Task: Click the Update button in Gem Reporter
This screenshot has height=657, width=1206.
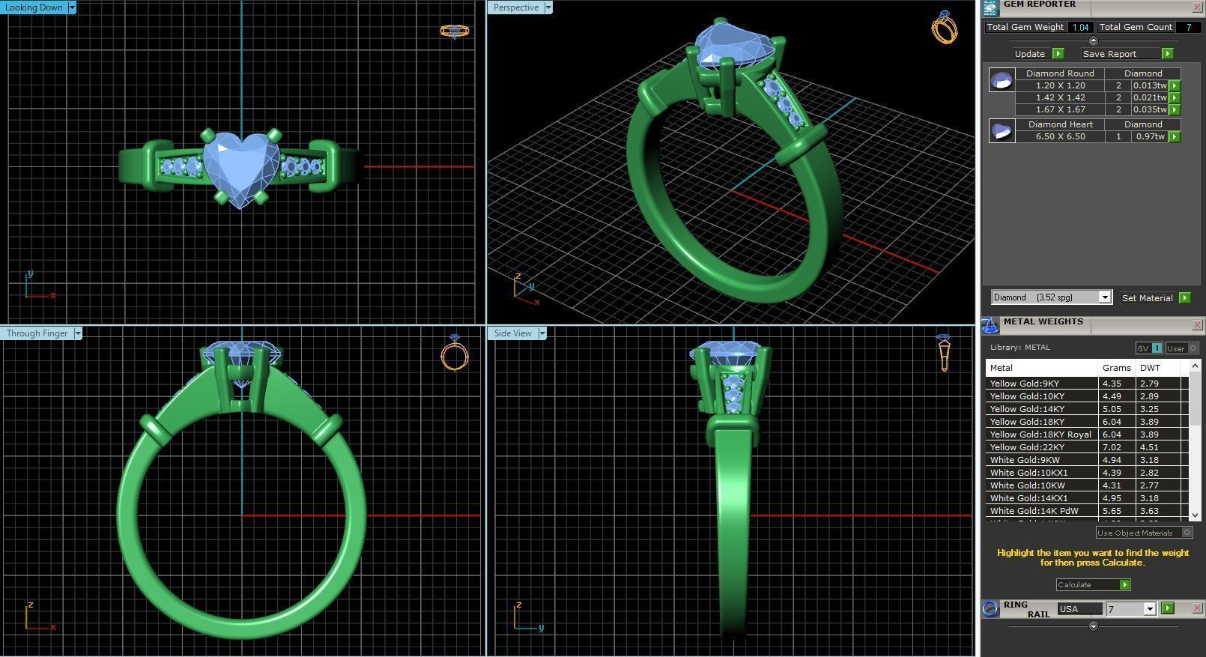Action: click(x=1030, y=54)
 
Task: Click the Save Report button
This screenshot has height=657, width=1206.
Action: click(x=1110, y=54)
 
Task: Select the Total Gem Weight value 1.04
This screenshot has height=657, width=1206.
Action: click(x=1080, y=27)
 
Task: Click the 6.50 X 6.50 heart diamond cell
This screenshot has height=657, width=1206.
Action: click(x=1060, y=136)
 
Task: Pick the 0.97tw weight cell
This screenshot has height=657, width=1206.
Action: click(x=1149, y=136)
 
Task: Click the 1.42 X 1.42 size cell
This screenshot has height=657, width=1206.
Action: click(x=1060, y=97)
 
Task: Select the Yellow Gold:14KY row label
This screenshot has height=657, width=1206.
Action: click(x=1027, y=409)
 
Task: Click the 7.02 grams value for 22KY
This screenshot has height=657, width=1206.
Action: click(x=1112, y=447)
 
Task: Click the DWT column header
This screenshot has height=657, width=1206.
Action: click(x=1150, y=368)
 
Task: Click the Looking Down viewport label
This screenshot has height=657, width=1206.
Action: click(x=34, y=7)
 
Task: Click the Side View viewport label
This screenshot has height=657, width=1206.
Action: click(x=513, y=333)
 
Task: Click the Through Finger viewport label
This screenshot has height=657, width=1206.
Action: click(x=37, y=333)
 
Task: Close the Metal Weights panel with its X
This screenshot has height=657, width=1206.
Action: click(x=1197, y=324)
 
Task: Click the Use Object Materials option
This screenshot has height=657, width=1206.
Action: click(x=1136, y=533)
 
